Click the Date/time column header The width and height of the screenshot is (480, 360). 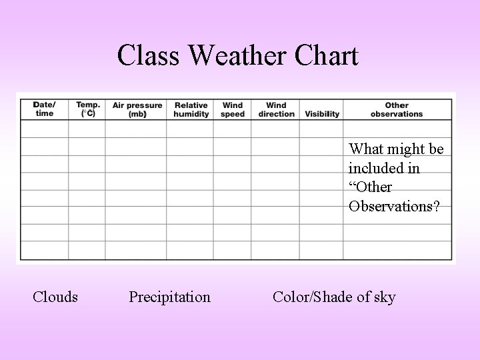[45, 109]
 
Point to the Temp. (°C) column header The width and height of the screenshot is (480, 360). [87, 109]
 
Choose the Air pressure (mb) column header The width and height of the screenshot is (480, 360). [137, 109]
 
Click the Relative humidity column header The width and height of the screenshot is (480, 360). [191, 109]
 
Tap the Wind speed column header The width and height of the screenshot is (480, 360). [233, 109]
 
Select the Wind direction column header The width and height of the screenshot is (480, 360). [275, 109]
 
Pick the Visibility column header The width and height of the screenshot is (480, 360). [322, 114]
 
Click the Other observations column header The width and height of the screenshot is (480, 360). [397, 109]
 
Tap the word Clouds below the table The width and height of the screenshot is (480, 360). [55, 297]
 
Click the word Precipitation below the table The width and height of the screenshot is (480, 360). [169, 297]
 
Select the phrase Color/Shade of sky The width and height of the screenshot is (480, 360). [334, 297]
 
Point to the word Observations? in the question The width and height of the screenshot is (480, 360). [394, 206]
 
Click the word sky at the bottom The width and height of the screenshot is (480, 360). [384, 297]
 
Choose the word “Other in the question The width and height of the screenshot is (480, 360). [370, 187]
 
